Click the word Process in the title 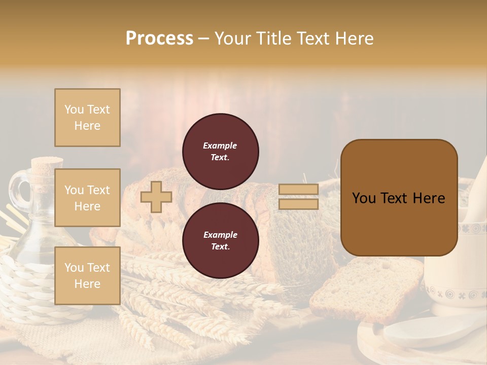tap(159, 39)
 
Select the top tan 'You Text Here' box tap(87, 118)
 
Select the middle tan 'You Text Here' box tap(87, 198)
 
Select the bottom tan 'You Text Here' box tap(87, 276)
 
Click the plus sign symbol tap(156, 197)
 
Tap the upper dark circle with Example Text tap(221, 152)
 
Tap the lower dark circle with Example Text tap(221, 241)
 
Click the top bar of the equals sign tap(299, 190)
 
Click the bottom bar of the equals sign tap(299, 204)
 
